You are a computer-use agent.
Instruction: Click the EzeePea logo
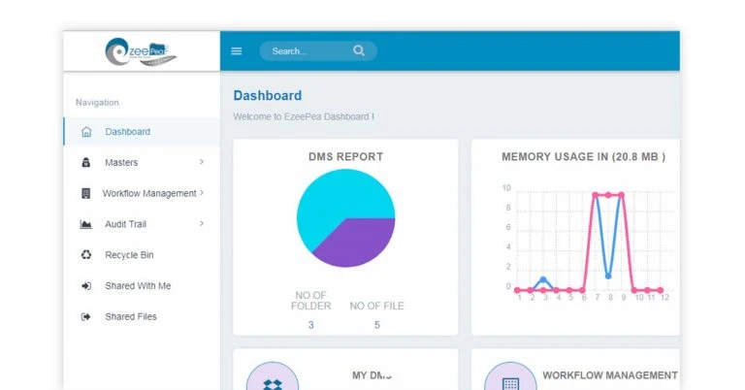click(141, 50)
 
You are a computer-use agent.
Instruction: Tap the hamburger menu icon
click(237, 51)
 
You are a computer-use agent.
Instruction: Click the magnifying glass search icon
click(359, 50)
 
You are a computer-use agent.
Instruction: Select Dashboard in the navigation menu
click(127, 132)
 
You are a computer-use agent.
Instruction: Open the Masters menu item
click(121, 163)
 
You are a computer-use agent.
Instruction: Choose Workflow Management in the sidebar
click(148, 193)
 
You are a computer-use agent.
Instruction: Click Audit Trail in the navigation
click(125, 224)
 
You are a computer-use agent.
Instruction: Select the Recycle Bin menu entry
click(129, 255)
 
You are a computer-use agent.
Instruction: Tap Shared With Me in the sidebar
click(138, 286)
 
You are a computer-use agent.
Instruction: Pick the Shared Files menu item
click(130, 317)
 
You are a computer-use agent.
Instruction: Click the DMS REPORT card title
click(345, 156)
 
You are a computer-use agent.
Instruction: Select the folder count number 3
click(311, 325)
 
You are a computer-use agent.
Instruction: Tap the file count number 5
click(377, 325)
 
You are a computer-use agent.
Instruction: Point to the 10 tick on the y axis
click(506, 188)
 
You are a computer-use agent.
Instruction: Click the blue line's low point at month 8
click(608, 276)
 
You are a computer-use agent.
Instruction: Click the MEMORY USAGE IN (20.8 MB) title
click(583, 156)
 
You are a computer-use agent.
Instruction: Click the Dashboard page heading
click(268, 96)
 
